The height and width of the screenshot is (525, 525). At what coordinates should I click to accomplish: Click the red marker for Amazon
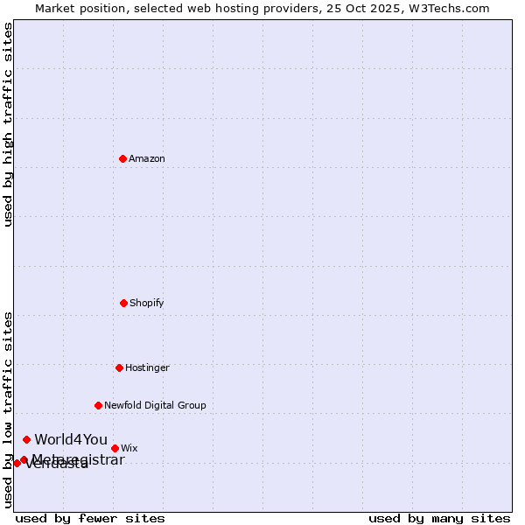click(x=122, y=158)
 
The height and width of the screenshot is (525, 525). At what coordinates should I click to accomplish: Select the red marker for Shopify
click(x=123, y=303)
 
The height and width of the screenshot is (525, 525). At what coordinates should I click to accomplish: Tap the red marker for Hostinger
click(x=119, y=367)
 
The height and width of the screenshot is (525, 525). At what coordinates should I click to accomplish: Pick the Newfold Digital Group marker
click(x=98, y=405)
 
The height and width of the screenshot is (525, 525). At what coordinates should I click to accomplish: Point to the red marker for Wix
click(x=115, y=448)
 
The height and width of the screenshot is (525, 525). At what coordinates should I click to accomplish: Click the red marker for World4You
click(x=27, y=439)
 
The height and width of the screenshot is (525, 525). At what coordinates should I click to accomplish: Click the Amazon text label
click(x=147, y=158)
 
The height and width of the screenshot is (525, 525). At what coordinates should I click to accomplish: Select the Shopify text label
click(x=147, y=303)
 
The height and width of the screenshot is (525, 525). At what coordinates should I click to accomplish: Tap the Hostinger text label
click(x=147, y=367)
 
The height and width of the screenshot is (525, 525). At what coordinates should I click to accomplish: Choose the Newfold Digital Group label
click(x=155, y=405)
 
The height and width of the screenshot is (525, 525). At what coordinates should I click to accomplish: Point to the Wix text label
click(x=129, y=448)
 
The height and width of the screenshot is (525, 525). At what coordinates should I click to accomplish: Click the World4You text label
click(x=71, y=439)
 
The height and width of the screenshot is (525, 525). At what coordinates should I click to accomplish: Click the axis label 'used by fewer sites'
click(x=90, y=518)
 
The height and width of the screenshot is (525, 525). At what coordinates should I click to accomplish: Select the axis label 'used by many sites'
click(x=439, y=518)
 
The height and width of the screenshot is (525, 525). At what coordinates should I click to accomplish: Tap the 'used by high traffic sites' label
click(x=8, y=124)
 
